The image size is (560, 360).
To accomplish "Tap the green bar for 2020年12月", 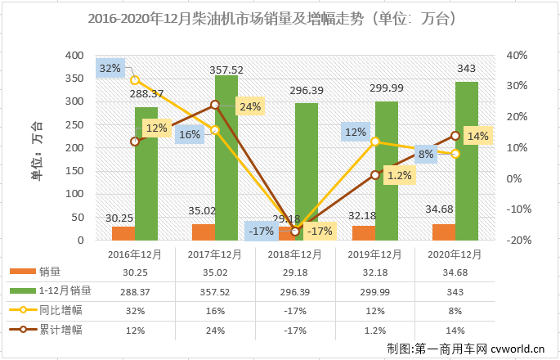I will click(466, 160).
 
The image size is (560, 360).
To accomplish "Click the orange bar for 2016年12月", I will click(123, 232).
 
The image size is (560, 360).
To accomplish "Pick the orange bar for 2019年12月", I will click(363, 232).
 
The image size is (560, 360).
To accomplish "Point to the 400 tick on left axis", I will click(74, 56).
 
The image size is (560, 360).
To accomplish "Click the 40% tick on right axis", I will click(518, 56).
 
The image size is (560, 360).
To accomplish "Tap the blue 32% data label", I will click(110, 69).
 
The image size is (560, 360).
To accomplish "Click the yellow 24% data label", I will click(250, 106).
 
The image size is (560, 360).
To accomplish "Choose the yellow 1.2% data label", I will click(400, 175).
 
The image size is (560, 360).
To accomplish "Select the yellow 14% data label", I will click(479, 136).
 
